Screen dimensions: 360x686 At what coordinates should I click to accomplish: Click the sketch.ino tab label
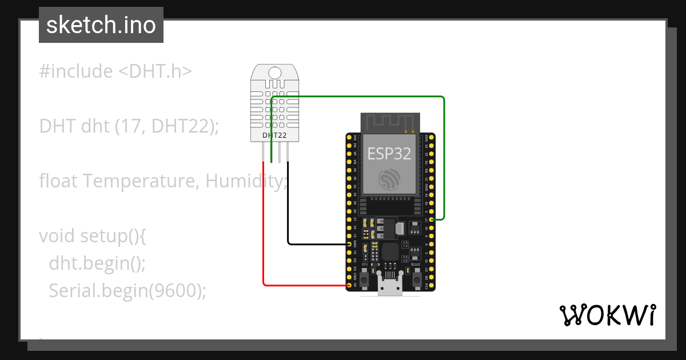(101, 26)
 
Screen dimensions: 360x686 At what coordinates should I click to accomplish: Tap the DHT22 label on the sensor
(274, 135)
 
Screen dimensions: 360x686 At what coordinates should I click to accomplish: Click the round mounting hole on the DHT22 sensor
(275, 73)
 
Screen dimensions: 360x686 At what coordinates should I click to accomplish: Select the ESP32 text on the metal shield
(389, 153)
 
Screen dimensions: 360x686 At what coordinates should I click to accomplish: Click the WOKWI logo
(607, 315)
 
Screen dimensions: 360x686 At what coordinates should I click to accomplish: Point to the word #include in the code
(76, 71)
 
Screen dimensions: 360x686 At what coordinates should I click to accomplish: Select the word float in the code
(58, 181)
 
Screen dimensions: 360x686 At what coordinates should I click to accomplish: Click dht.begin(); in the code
(97, 263)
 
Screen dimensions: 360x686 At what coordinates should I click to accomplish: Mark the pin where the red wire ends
(350, 284)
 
